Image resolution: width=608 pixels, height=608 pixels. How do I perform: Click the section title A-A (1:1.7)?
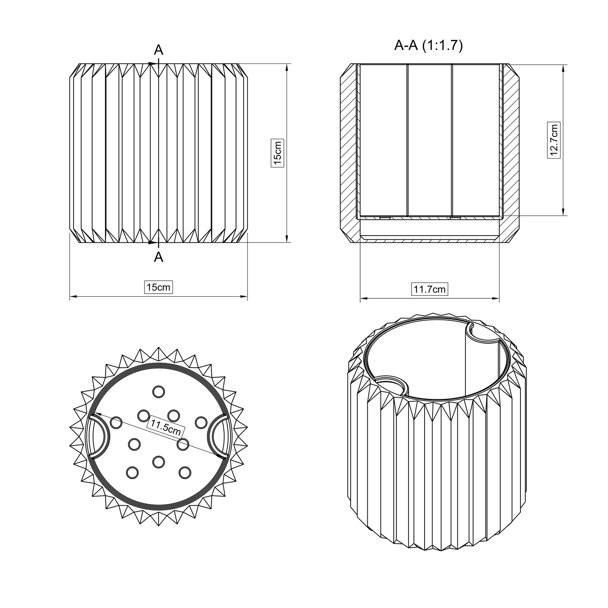coord(428,45)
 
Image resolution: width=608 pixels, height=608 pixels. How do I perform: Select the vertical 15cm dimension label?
coord(277,152)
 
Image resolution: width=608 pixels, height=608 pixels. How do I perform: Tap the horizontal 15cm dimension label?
coord(158,287)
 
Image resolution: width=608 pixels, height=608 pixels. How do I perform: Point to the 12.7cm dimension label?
coord(554,140)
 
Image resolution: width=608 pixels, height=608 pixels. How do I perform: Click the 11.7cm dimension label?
coord(429,289)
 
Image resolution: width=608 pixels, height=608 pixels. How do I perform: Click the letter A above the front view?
coord(158,50)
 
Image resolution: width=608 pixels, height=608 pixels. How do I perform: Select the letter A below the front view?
coord(158,257)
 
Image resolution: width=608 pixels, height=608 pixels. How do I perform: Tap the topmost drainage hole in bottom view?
coord(159,392)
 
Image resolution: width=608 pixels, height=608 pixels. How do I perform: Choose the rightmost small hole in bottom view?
coord(201,422)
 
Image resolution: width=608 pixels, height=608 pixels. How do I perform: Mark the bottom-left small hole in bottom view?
coord(132,473)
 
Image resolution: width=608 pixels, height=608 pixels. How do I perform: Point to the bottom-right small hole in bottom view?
coord(184,472)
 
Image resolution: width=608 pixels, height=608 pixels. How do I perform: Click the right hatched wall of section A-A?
coord(510,151)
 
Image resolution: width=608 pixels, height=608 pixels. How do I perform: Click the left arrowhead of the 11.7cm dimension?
coord(363,299)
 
